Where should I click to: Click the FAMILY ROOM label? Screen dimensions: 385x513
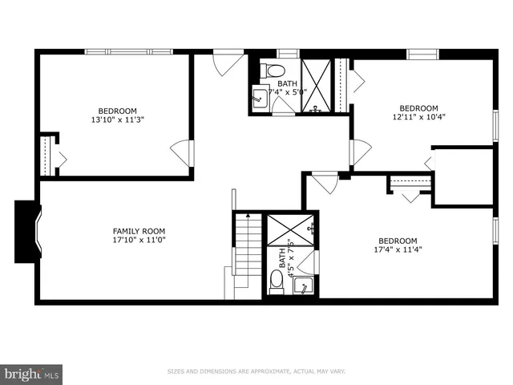(138, 231)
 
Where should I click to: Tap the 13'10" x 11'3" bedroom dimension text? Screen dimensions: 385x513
(117, 120)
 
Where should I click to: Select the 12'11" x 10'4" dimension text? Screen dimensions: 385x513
(418, 118)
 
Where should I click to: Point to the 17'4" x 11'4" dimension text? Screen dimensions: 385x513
(397, 249)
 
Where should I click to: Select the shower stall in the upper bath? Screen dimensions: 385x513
(315, 83)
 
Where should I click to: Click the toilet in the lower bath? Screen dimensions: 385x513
(277, 281)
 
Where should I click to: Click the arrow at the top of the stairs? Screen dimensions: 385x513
(248, 216)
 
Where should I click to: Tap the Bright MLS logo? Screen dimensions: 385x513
(32, 373)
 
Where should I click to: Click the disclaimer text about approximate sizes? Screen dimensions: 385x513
(256, 371)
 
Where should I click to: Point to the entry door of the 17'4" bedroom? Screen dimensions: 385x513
(325, 182)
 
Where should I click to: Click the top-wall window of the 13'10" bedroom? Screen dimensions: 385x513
(128, 52)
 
